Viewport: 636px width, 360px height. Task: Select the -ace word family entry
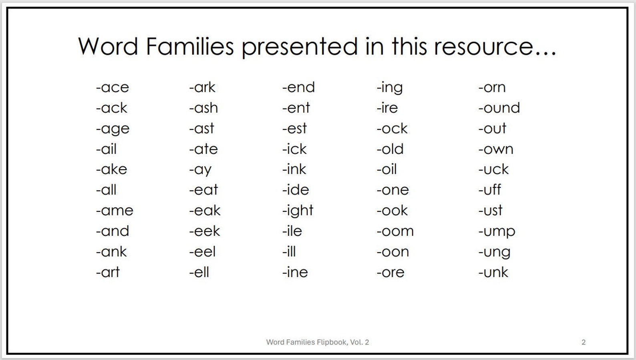tap(113, 87)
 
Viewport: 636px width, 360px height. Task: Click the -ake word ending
tap(112, 169)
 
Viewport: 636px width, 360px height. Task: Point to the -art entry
tap(108, 272)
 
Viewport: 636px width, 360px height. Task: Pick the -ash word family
tap(203, 108)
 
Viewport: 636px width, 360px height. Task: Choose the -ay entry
tap(200, 170)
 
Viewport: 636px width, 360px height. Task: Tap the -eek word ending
tap(205, 231)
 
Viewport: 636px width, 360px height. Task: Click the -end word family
tap(298, 87)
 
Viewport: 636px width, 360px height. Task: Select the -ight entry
tap(298, 211)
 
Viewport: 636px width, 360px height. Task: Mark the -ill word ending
tap(289, 251)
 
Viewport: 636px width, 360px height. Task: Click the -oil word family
tap(386, 169)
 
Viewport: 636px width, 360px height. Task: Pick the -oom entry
tap(395, 231)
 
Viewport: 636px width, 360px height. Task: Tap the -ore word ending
tap(390, 272)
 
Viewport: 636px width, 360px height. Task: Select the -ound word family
tap(499, 108)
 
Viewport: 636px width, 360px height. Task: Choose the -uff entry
tap(489, 190)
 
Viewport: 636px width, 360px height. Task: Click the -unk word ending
tap(493, 272)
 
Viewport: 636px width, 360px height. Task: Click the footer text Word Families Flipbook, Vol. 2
tap(318, 342)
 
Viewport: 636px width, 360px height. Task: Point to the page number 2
tap(584, 342)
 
